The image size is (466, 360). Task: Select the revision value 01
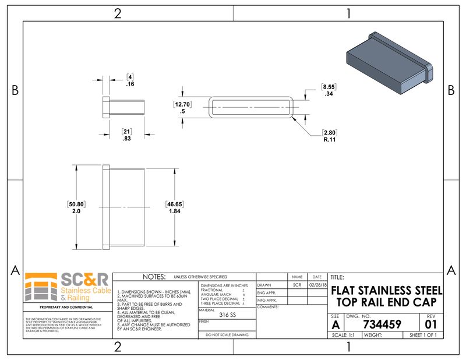(x=431, y=324)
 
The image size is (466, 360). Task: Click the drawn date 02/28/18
(x=316, y=285)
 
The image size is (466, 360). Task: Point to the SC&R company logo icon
(x=40, y=286)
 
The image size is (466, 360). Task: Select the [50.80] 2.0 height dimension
(x=76, y=207)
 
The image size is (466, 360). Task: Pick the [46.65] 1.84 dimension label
(x=174, y=207)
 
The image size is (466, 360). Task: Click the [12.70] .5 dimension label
(x=182, y=108)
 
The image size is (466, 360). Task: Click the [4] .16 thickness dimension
(x=130, y=80)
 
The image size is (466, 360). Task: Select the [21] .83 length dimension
(x=126, y=135)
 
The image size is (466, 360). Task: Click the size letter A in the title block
(x=335, y=324)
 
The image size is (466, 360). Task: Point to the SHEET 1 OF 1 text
(x=423, y=336)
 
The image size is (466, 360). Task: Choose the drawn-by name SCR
(x=296, y=285)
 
